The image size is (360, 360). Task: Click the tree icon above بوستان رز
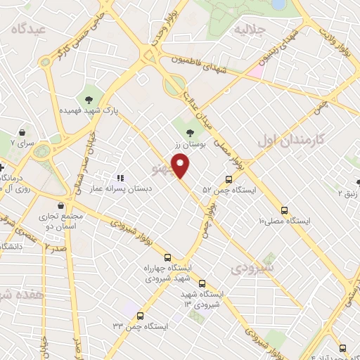point(189,132)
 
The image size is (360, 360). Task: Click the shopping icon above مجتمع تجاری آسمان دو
point(63,205)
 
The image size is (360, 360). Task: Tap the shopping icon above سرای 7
point(23,131)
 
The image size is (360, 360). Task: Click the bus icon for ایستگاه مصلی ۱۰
point(285,210)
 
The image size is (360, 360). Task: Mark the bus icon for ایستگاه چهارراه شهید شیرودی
point(167,257)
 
